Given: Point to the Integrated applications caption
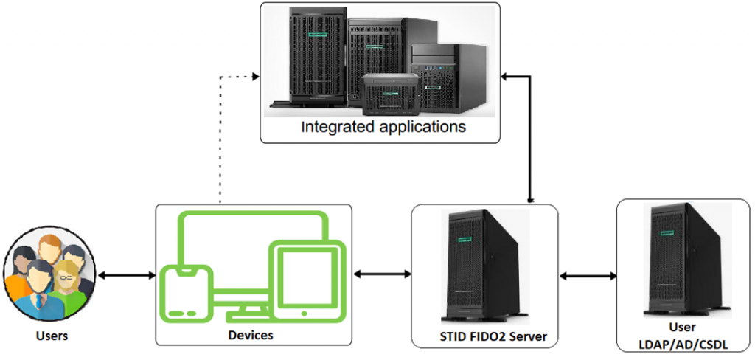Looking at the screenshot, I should [x=383, y=126].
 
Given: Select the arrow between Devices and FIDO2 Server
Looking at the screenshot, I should [x=382, y=274].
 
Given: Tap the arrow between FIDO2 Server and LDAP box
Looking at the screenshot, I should [x=588, y=276].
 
